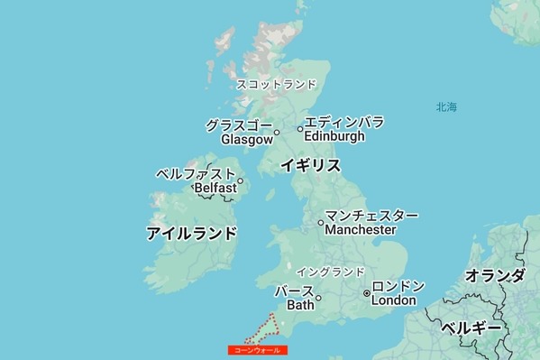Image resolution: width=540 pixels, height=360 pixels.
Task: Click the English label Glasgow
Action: tap(246, 140)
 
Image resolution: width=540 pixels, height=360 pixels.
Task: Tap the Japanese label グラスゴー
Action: tap(239, 125)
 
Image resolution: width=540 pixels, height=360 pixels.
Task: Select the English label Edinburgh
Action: tap(334, 136)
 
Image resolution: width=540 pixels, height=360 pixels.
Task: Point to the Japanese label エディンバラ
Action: tap(343, 122)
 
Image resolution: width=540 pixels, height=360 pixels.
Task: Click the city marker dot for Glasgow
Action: tap(277, 133)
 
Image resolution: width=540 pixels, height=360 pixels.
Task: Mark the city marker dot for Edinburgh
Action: tap(300, 129)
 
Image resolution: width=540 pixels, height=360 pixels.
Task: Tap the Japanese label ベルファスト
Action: tap(196, 173)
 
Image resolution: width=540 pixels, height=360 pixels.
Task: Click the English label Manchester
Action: tap(361, 230)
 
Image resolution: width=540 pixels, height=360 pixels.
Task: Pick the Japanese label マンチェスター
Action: tap(371, 217)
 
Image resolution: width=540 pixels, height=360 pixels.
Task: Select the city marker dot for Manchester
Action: tap(321, 223)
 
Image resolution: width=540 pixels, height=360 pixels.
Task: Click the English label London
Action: tap(393, 300)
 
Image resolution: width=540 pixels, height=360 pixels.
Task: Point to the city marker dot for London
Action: tap(367, 293)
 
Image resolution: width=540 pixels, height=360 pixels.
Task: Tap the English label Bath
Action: tap(300, 305)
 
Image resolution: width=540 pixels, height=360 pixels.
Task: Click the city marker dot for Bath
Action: tap(318, 298)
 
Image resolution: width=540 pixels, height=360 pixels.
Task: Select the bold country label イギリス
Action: tap(310, 165)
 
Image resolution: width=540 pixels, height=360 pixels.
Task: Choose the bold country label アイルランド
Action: tap(192, 234)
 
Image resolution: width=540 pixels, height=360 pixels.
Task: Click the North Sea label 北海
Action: tap(446, 107)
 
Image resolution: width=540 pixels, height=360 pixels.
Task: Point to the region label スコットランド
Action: tap(277, 85)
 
